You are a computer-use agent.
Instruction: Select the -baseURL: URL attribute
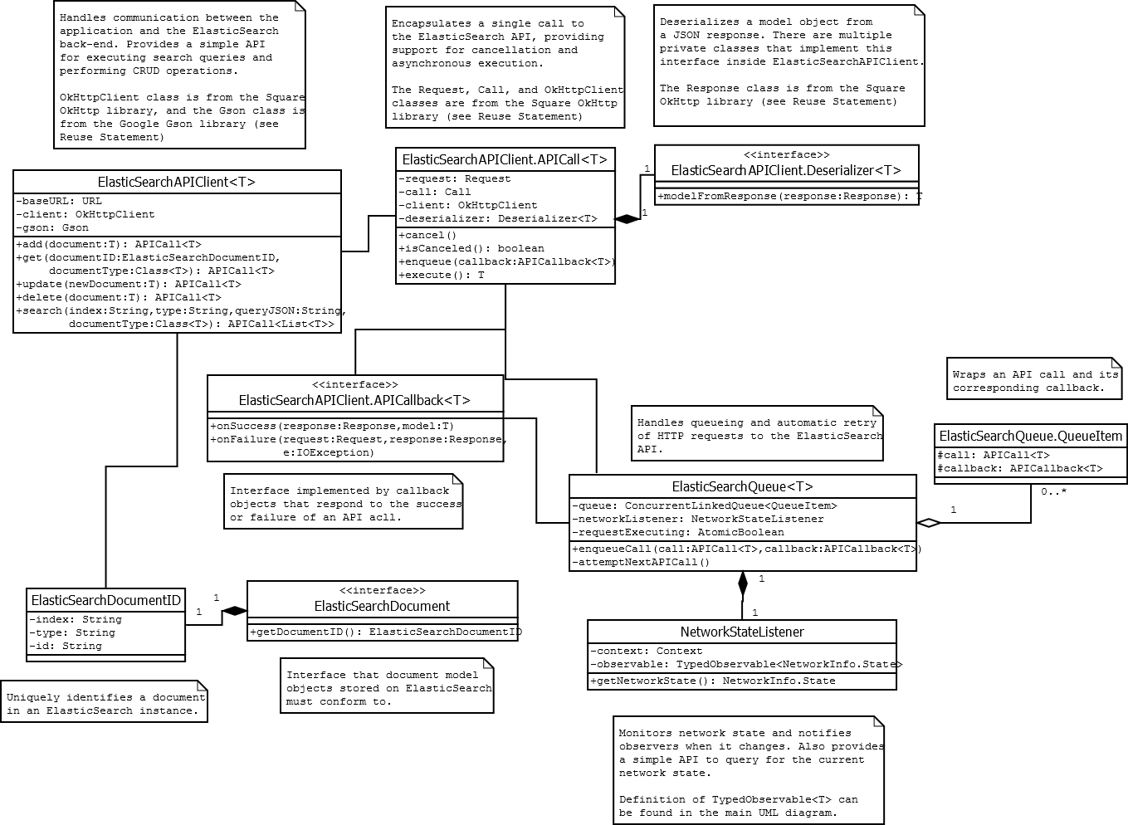click(x=59, y=201)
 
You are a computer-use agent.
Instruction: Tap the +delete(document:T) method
click(x=119, y=297)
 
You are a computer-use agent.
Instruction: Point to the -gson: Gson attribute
click(x=52, y=227)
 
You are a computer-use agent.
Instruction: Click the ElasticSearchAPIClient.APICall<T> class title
click(x=505, y=159)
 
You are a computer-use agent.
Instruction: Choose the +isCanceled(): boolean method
click(x=471, y=248)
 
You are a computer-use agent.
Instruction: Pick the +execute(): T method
click(x=442, y=275)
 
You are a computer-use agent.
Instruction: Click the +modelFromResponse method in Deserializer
click(x=789, y=197)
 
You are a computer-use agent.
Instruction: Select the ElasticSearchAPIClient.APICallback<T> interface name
click(x=354, y=400)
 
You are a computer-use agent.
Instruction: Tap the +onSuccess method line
click(x=332, y=426)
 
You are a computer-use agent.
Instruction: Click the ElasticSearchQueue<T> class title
click(x=742, y=487)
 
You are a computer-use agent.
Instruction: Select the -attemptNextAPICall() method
click(x=641, y=562)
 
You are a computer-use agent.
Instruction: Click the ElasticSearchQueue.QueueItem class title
click(x=1030, y=436)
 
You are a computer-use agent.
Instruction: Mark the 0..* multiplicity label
click(x=1053, y=491)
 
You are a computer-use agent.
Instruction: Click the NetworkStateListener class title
click(x=742, y=632)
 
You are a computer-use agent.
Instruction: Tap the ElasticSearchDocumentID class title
click(x=105, y=600)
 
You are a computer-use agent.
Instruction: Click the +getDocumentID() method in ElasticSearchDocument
click(x=386, y=632)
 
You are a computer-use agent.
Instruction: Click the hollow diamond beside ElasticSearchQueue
click(x=928, y=523)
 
